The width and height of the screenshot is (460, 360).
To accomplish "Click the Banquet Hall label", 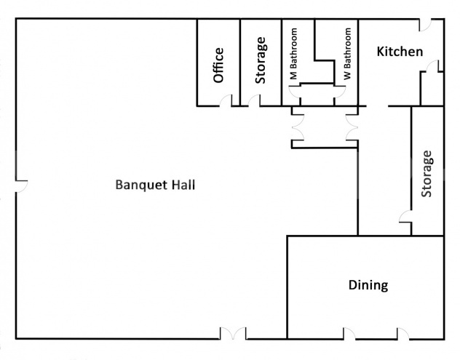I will (x=155, y=184).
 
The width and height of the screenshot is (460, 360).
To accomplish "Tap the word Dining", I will (x=368, y=285).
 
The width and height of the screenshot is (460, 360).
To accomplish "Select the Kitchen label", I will (x=399, y=52).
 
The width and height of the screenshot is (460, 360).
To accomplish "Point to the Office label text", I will (x=218, y=65).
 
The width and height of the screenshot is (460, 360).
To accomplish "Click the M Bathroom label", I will (x=294, y=55).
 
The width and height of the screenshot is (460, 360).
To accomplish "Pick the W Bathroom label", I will (x=348, y=55).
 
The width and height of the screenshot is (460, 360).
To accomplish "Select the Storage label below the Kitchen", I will (x=427, y=174).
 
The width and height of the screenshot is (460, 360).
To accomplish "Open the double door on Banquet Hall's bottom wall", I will (x=234, y=334).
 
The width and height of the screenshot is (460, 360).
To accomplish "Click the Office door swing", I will (x=227, y=101).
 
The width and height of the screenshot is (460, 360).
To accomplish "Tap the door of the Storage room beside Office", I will (x=253, y=101).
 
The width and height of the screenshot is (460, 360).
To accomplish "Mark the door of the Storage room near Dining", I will (x=405, y=216).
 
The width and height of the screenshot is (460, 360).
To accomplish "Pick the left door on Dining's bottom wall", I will (x=350, y=335).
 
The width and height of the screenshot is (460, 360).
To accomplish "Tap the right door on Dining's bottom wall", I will (x=402, y=335).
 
